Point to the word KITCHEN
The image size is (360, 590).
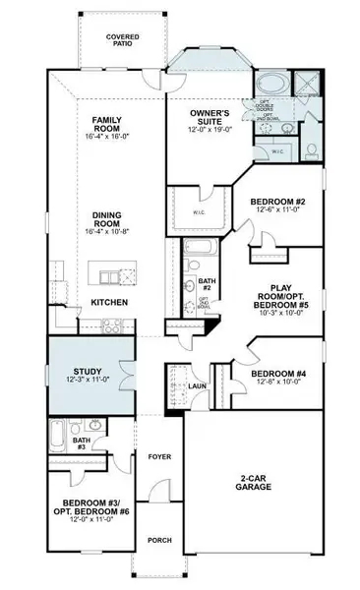(108, 302)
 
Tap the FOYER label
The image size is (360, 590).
(159, 457)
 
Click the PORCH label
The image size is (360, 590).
(158, 540)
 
